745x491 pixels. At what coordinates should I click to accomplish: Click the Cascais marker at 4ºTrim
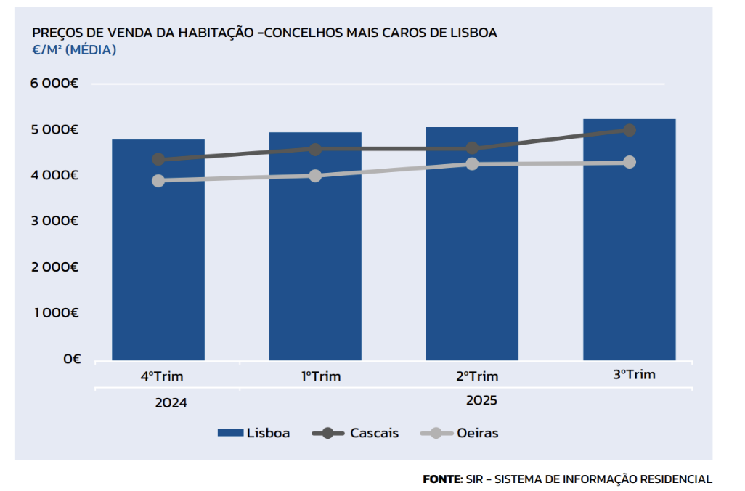(158, 159)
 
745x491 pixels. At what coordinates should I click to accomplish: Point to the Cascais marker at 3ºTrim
(630, 130)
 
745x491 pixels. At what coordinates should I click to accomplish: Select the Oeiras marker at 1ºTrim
(315, 176)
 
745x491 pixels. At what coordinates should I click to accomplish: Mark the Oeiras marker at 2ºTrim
(472, 163)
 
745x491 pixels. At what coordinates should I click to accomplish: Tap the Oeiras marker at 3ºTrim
(630, 162)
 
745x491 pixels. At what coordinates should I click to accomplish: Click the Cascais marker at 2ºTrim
(472, 148)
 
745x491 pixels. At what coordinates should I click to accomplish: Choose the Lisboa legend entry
(254, 433)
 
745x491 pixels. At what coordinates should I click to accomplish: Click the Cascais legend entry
(356, 433)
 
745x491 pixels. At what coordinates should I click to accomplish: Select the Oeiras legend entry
(460, 433)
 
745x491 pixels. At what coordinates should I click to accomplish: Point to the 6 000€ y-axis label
(54, 84)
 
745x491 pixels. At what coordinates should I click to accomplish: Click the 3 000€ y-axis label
(54, 221)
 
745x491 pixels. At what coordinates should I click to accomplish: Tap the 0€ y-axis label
(71, 359)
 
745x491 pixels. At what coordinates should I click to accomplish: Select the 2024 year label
(171, 402)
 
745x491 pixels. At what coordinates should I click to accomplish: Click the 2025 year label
(481, 400)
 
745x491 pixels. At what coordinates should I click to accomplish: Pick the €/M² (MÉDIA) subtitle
(74, 50)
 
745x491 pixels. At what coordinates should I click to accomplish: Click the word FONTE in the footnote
(442, 479)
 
